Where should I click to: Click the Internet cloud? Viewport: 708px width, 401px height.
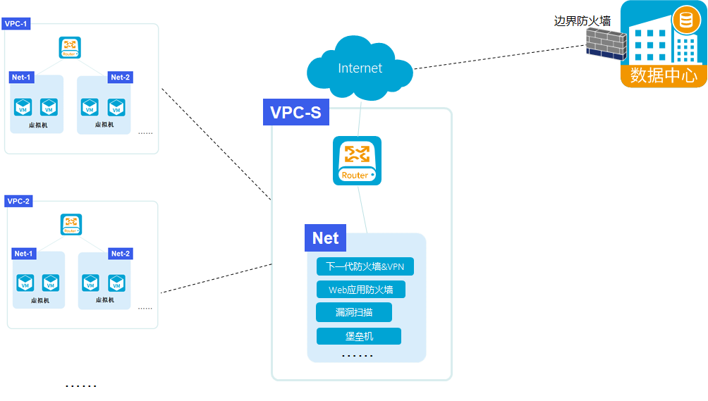(360, 68)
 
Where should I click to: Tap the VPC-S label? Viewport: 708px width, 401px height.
(296, 113)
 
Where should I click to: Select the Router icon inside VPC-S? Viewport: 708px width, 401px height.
(357, 161)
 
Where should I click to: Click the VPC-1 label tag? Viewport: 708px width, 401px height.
(16, 24)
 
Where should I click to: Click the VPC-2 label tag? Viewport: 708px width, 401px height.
(18, 201)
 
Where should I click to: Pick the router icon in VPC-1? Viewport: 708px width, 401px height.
(70, 48)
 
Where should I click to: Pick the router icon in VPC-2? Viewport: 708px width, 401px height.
(71, 225)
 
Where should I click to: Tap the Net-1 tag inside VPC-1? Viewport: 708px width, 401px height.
(22, 77)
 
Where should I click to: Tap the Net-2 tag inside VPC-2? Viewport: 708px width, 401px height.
(121, 254)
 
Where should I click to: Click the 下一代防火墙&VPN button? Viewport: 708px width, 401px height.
(365, 267)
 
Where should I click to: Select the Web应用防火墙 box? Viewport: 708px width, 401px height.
(361, 290)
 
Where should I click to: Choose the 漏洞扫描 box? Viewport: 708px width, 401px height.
(354, 312)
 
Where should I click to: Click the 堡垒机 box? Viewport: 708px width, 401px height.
(359, 336)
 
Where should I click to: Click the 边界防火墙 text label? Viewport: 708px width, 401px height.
(582, 21)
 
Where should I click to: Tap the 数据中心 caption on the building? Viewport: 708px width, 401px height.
(664, 75)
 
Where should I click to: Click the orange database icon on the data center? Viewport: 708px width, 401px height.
(685, 19)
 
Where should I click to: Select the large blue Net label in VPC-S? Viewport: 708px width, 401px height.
(325, 238)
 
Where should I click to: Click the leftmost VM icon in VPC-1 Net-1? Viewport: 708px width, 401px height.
(24, 107)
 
